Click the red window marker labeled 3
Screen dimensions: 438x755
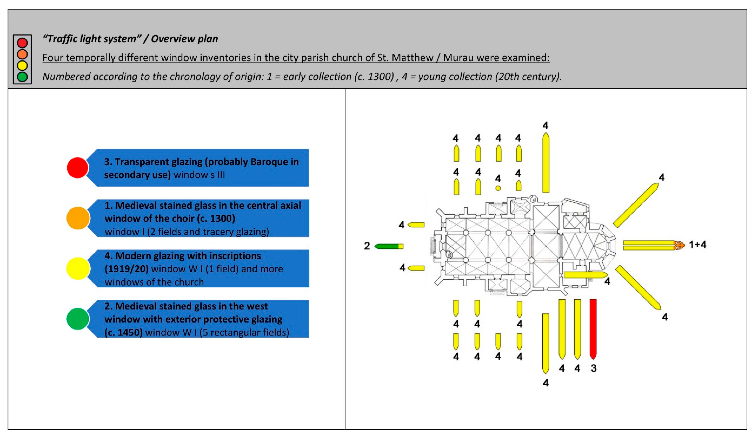pyautogui.click(x=593, y=329)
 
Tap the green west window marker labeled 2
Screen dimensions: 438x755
pyautogui.click(x=387, y=246)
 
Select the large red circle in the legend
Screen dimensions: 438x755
pyautogui.click(x=78, y=168)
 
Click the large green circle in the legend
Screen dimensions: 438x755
pyautogui.click(x=78, y=319)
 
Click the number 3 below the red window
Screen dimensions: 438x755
pyautogui.click(x=594, y=368)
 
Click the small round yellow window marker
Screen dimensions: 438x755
pyautogui.click(x=498, y=188)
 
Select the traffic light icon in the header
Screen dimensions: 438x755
pyautogui.click(x=22, y=59)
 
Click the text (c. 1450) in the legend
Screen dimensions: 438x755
pyautogui.click(x=123, y=332)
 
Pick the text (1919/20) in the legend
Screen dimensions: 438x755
pyautogui.click(x=127, y=269)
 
